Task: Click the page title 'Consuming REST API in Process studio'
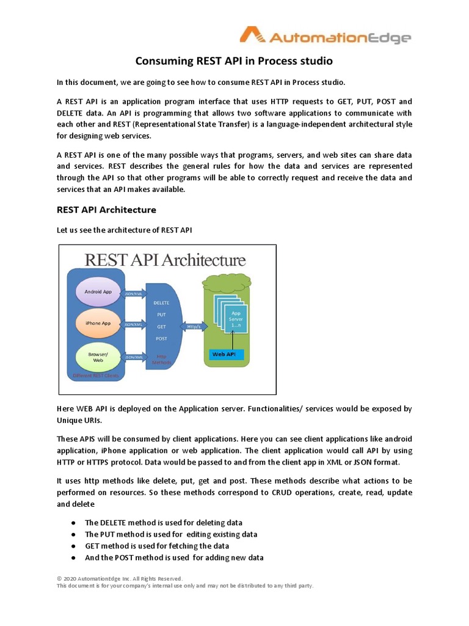(x=234, y=61)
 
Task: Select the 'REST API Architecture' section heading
(x=106, y=210)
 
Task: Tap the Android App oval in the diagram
(x=98, y=292)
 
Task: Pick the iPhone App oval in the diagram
(x=98, y=323)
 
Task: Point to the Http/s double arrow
(x=194, y=326)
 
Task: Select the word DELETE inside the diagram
(x=162, y=303)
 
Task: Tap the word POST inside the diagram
(x=162, y=338)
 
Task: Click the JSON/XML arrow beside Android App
(x=134, y=293)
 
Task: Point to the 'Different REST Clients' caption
(x=96, y=375)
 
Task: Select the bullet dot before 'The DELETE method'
(x=73, y=523)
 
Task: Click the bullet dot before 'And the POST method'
(x=73, y=558)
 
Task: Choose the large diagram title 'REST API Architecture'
(x=165, y=259)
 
